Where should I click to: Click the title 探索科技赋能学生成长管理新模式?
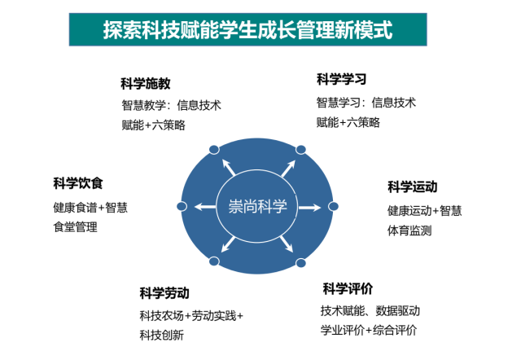[x=247, y=30]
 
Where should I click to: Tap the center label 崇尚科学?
[x=257, y=206]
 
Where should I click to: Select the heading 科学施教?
[x=146, y=83]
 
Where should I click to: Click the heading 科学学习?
[x=342, y=80]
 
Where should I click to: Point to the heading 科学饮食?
[x=78, y=183]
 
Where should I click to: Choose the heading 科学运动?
[x=413, y=187]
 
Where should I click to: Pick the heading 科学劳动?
[x=164, y=293]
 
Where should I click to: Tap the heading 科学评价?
[x=348, y=288]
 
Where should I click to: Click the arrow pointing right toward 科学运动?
[x=309, y=208]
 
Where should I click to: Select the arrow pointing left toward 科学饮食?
[x=205, y=207]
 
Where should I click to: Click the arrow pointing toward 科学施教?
[x=229, y=167]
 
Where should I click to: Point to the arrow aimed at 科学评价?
[x=287, y=244]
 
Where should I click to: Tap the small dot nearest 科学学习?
[x=300, y=150]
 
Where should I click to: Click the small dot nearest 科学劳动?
[x=214, y=261]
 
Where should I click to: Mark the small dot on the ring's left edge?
[x=182, y=206]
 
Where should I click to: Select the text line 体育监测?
[x=409, y=230]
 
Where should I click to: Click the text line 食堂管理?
[x=75, y=227]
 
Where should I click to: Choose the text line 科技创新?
[x=161, y=335]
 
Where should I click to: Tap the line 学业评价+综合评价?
[x=369, y=331]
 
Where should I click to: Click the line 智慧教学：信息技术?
[x=171, y=105]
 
